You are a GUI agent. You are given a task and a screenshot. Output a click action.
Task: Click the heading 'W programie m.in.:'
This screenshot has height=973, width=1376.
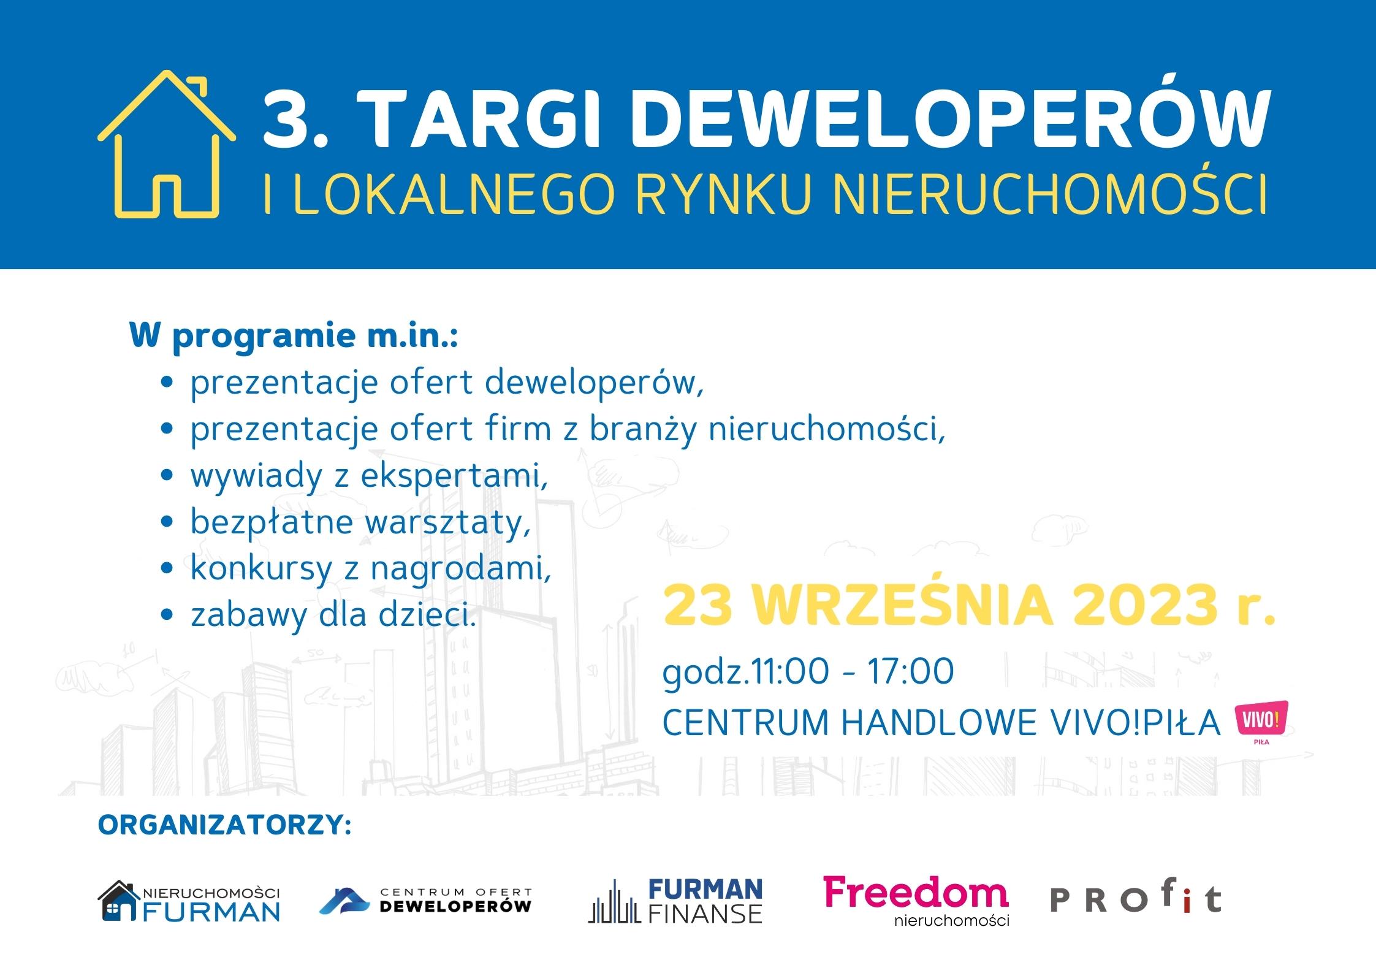click(294, 337)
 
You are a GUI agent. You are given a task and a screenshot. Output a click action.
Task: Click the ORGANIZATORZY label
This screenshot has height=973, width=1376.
click(224, 825)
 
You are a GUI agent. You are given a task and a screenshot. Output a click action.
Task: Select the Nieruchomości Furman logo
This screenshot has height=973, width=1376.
click(189, 901)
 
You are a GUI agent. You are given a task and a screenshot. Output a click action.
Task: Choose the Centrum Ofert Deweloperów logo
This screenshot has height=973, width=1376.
click(425, 901)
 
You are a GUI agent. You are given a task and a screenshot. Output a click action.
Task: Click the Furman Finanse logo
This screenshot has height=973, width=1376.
click(675, 901)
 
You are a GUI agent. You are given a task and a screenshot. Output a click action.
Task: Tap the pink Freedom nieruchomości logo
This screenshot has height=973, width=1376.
click(916, 900)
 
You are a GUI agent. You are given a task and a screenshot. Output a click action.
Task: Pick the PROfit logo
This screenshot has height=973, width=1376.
click(1136, 899)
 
